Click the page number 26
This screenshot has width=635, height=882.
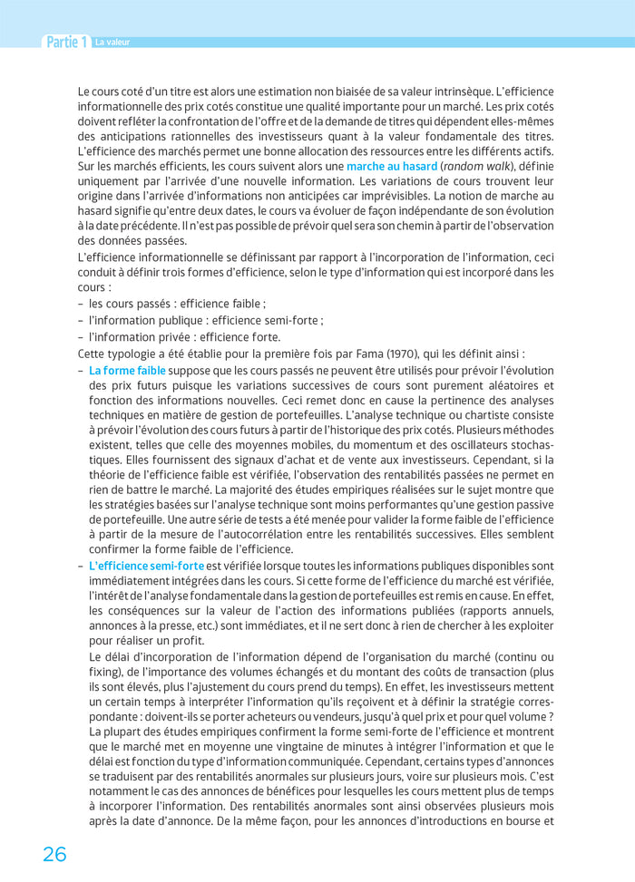click(x=54, y=853)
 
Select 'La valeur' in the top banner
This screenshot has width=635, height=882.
click(x=112, y=42)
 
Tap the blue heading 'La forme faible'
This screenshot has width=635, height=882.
click(x=127, y=370)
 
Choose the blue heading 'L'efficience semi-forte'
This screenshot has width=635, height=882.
click(x=146, y=566)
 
